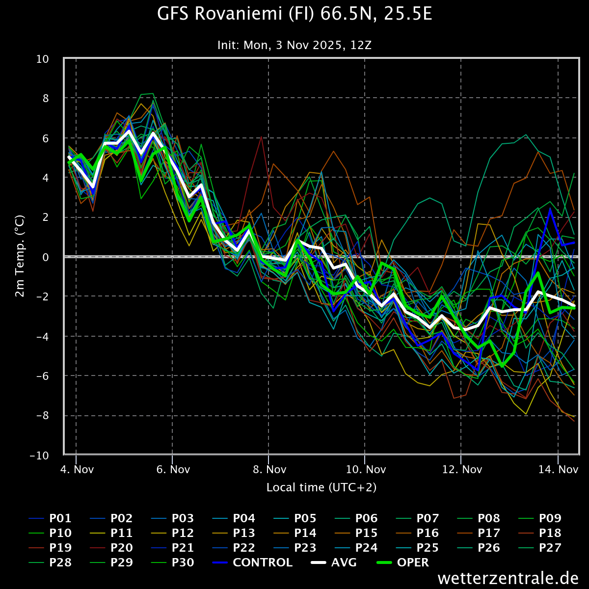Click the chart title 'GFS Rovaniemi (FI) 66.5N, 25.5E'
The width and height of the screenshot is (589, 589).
coord(294,14)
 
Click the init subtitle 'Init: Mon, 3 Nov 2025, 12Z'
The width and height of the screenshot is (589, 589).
coord(294,45)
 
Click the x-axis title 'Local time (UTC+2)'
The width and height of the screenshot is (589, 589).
coord(321,487)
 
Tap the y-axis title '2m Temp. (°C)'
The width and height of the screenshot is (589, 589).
coord(20,256)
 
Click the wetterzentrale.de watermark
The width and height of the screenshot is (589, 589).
coord(508,578)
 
